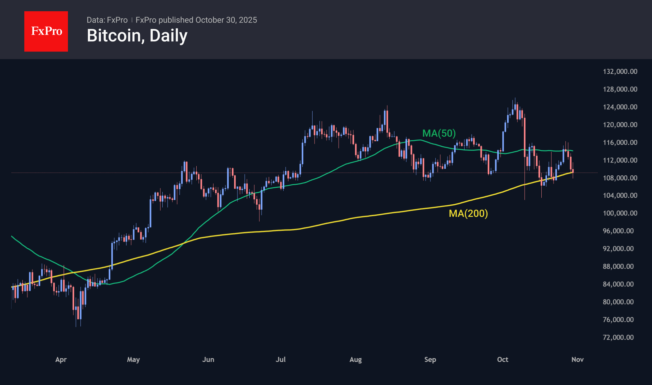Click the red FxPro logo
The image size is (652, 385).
pos(46,31)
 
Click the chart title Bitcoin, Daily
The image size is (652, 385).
pos(137,36)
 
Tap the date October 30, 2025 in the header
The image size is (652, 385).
pos(226,20)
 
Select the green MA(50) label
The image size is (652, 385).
pos(439,133)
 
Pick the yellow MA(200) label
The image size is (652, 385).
pos(468,213)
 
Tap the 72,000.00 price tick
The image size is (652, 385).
pos(618,337)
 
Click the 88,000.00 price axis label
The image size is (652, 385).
pos(618,266)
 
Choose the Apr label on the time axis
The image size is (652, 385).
pos(61,359)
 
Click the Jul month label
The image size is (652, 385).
pos(280,359)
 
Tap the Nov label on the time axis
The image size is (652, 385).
pos(577,359)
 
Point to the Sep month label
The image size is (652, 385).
pos(430,359)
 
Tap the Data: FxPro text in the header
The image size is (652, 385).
pos(107,20)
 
